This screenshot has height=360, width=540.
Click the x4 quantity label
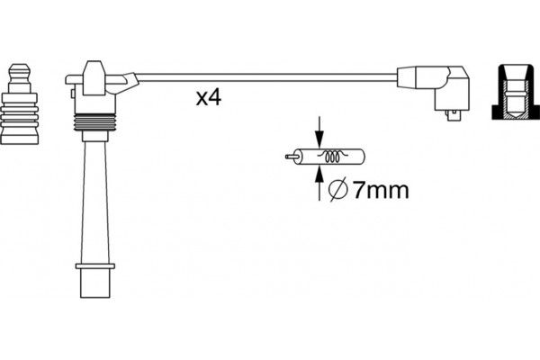click(x=209, y=97)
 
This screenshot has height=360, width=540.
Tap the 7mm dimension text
click(x=381, y=190)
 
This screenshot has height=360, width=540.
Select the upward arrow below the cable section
click(x=319, y=184)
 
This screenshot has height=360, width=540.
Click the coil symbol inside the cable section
click(x=332, y=157)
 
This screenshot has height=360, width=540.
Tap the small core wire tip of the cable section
click(x=290, y=157)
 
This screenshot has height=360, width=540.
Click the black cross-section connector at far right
click(x=516, y=92)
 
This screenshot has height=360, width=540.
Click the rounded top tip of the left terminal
click(x=19, y=66)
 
